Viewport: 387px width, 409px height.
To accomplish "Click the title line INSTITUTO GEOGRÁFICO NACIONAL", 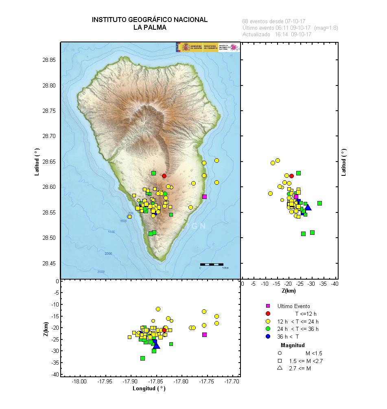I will (149, 20).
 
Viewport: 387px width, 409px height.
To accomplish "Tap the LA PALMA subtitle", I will (149, 28).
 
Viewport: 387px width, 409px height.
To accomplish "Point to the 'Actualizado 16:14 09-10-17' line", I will (277, 35).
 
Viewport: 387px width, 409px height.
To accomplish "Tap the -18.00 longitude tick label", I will (79, 381).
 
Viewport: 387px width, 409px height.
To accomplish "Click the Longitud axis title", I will (149, 388).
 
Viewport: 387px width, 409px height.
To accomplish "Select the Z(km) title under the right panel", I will (289, 291).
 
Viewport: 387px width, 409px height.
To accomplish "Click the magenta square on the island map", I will (204, 197).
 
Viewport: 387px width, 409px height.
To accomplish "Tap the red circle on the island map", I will (164, 176).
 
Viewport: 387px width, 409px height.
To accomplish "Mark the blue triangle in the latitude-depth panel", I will (308, 208).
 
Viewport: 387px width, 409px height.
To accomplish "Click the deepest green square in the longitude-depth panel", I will (143, 358).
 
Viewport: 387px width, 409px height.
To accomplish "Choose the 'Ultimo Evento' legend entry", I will (293, 306).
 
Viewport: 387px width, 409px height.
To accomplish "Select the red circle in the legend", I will (268, 313).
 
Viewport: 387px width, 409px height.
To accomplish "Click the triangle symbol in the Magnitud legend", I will (280, 368).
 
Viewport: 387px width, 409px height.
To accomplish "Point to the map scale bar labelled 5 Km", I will (212, 265).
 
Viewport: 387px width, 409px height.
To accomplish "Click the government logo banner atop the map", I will (208, 47).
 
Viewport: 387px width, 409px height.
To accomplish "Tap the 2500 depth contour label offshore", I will (101, 271).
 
